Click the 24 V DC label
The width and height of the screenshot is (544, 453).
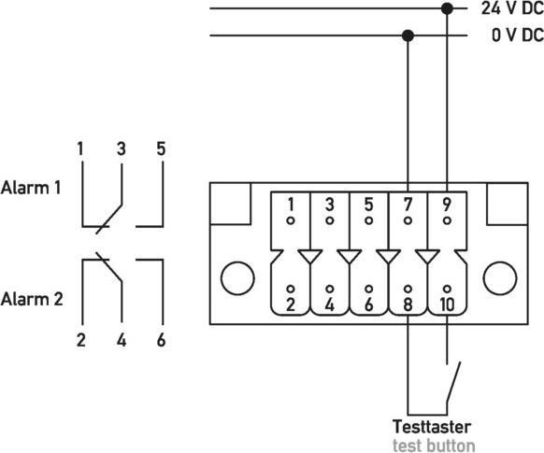pyautogui.click(x=509, y=8)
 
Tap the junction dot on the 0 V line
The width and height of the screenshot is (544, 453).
pyautogui.click(x=408, y=35)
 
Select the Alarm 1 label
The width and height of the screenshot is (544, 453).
pyautogui.click(x=32, y=187)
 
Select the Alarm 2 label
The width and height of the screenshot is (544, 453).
pyautogui.click(x=32, y=300)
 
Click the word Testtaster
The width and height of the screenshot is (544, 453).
pyautogui.click(x=432, y=427)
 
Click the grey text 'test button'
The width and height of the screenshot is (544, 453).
pyautogui.click(x=433, y=445)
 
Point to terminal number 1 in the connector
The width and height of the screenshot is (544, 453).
pyautogui.click(x=291, y=205)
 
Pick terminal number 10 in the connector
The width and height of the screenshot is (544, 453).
pyautogui.click(x=448, y=304)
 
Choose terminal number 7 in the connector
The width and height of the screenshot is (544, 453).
pyautogui.click(x=408, y=205)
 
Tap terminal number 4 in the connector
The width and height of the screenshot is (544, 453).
pyautogui.click(x=330, y=304)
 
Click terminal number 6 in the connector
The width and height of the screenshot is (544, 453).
pyautogui.click(x=369, y=304)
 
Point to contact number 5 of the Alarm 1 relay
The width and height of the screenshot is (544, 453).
pyautogui.click(x=160, y=149)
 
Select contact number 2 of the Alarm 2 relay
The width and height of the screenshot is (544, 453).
pyautogui.click(x=81, y=340)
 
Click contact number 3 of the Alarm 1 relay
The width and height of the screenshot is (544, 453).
pyautogui.click(x=121, y=149)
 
